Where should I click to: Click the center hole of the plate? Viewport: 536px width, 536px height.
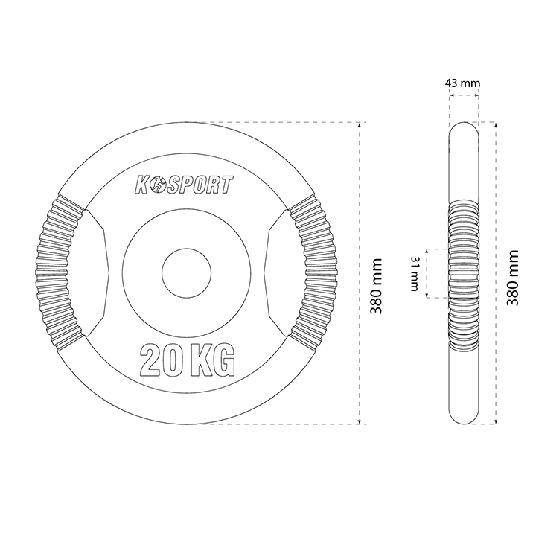coord(187,273)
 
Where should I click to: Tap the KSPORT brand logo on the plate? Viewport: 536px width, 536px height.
coord(185,185)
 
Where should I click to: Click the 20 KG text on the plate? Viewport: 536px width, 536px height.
coord(188,360)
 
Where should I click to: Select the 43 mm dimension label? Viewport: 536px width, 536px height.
coord(462,83)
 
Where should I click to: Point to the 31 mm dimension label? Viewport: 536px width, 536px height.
coord(415,273)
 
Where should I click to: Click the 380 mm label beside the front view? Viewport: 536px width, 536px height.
coord(376,286)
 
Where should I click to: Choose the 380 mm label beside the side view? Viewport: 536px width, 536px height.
coord(513,278)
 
